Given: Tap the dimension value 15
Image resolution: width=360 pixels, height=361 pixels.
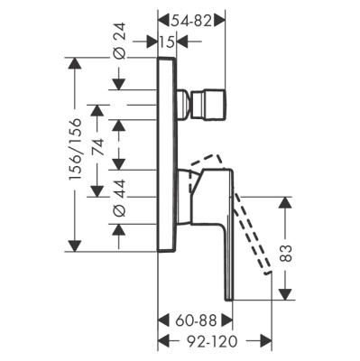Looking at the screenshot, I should click(x=167, y=42).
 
